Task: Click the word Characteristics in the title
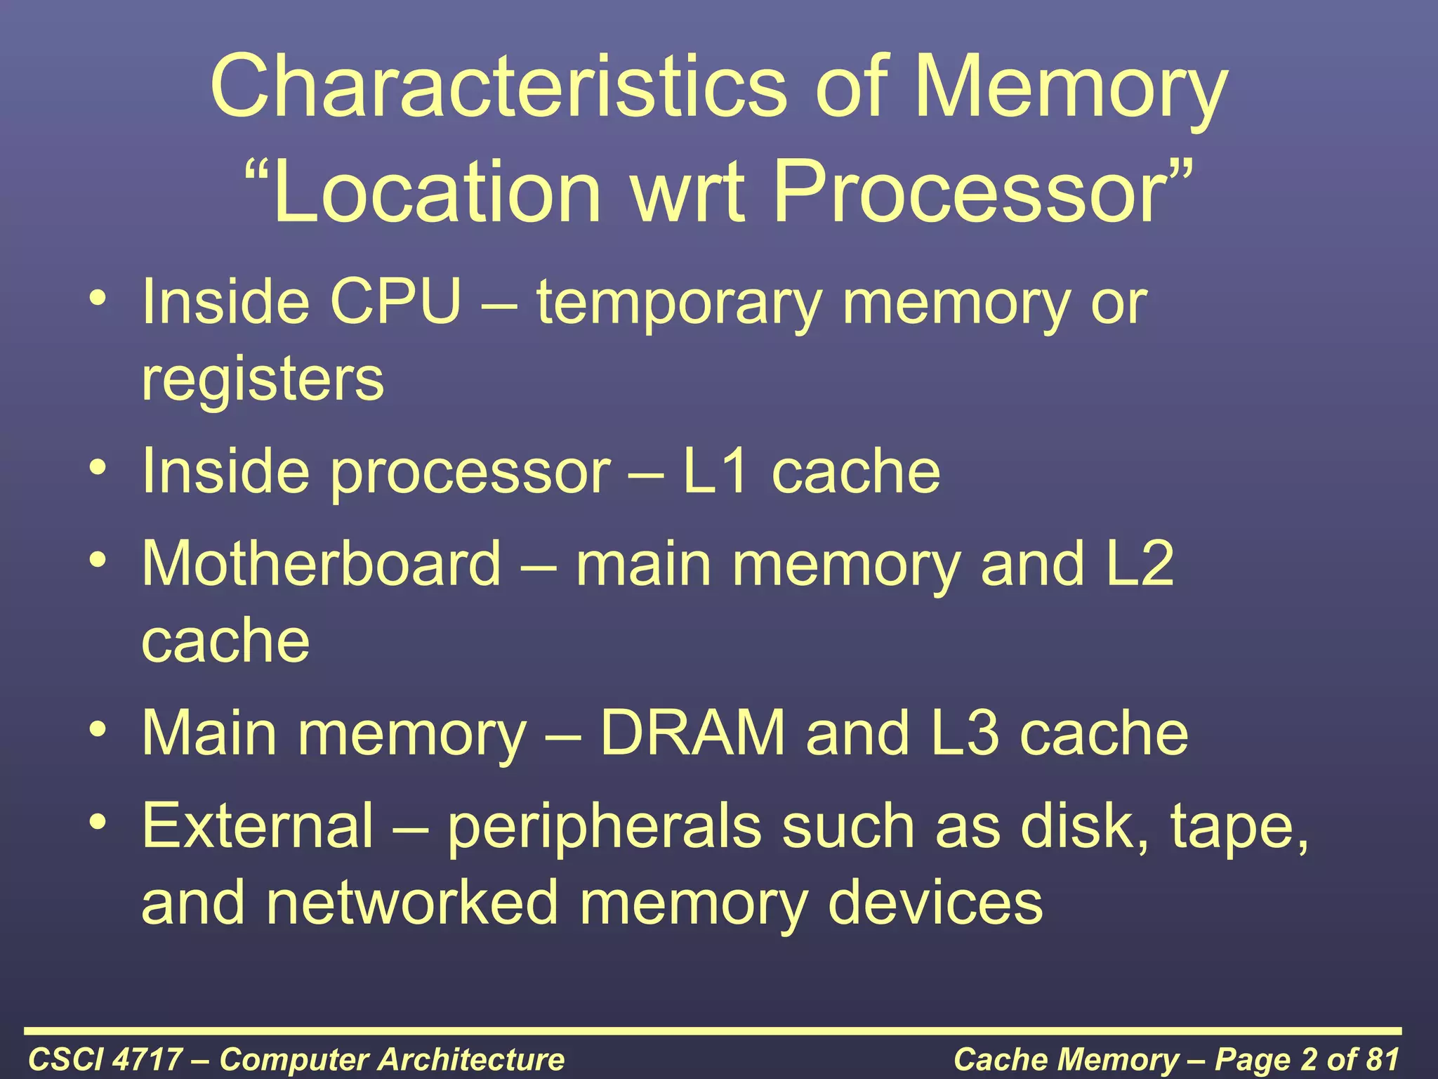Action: (x=499, y=88)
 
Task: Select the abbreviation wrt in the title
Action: (x=688, y=191)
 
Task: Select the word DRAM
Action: (x=692, y=733)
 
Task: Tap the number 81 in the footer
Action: (x=1379, y=1059)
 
